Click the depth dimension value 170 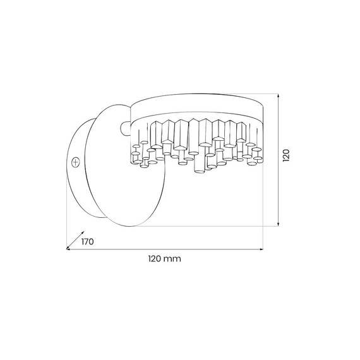(x=88, y=242)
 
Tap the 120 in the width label (x=155, y=259)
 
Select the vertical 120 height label (x=286, y=155)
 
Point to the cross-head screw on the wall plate (x=76, y=162)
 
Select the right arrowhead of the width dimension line (x=261, y=249)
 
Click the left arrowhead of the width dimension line (x=68, y=249)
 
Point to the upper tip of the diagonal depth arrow (x=84, y=231)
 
